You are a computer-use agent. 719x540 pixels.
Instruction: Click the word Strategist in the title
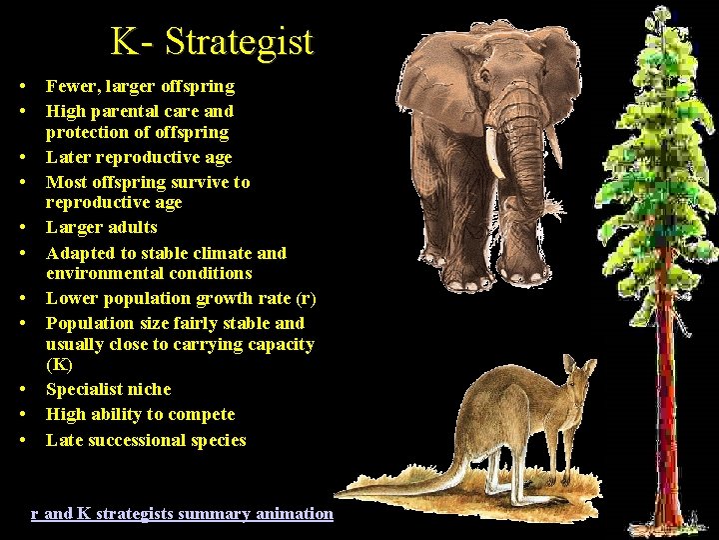239,42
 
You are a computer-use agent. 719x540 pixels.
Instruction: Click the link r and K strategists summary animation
182,513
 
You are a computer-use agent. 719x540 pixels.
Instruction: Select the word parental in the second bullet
137,111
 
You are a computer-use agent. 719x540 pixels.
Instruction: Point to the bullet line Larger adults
101,227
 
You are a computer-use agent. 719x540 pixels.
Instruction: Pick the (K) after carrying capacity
59,365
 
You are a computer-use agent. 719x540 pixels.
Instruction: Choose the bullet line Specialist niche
108,389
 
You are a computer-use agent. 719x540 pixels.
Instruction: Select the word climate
225,253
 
